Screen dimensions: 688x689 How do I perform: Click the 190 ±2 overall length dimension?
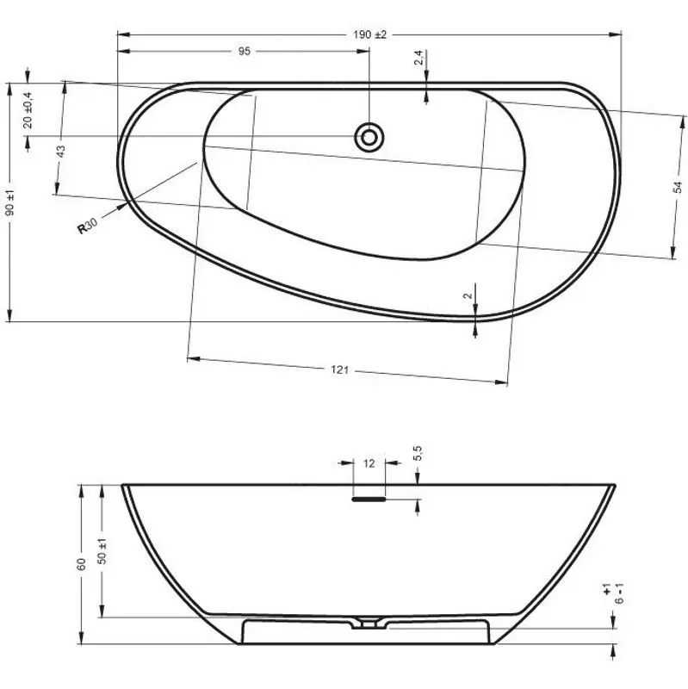pyautogui.click(x=369, y=34)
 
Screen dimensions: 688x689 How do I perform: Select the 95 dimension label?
pyautogui.click(x=245, y=52)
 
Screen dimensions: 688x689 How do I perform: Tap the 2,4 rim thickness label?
pyautogui.click(x=418, y=58)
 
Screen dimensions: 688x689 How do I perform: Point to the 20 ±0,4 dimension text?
pyautogui.click(x=28, y=110)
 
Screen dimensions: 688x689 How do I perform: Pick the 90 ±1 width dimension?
pyautogui.click(x=9, y=202)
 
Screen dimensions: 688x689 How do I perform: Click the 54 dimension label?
pyautogui.click(x=678, y=187)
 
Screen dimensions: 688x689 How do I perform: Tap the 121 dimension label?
pyautogui.click(x=339, y=370)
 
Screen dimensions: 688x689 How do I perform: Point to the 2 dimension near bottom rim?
pyautogui.click(x=468, y=295)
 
